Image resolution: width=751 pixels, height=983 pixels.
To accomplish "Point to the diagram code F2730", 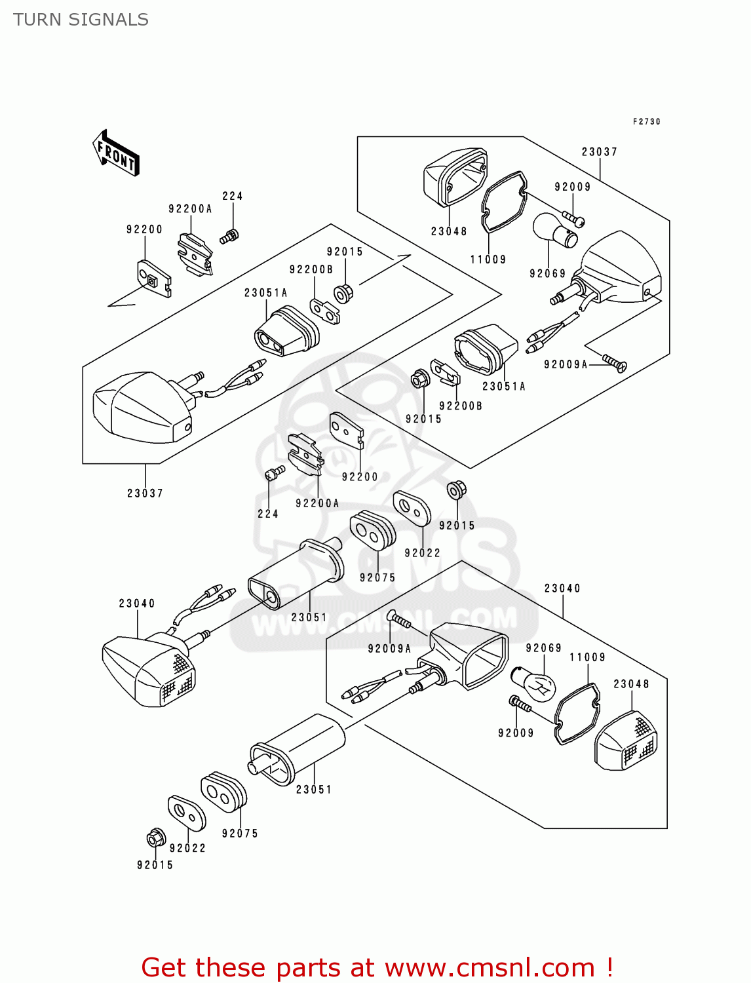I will tap(646, 122).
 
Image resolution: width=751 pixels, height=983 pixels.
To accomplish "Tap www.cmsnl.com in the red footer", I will tap(489, 967).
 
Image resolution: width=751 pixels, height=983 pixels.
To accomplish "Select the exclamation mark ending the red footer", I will tap(609, 967).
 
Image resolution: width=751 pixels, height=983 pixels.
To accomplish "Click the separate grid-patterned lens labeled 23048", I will tap(626, 741).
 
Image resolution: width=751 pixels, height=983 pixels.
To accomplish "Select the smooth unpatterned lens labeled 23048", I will tap(454, 176).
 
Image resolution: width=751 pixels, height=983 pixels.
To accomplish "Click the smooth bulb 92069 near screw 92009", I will tap(554, 231).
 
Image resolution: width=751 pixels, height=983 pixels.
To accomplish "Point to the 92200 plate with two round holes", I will tap(346, 430).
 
